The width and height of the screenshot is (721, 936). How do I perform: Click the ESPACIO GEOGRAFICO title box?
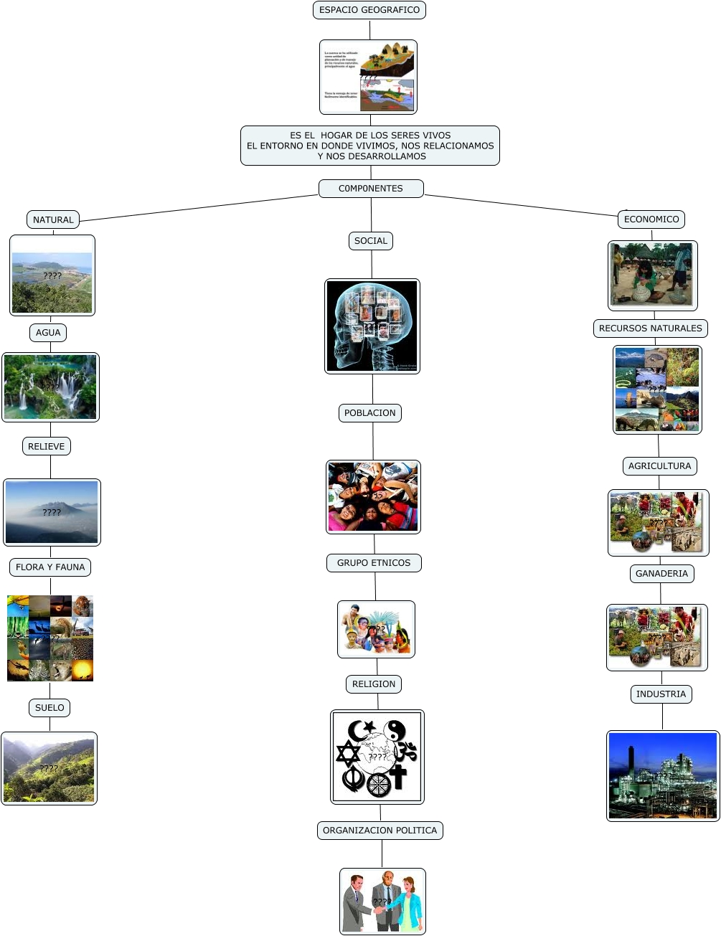(369, 10)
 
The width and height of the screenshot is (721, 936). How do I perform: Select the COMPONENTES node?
(371, 189)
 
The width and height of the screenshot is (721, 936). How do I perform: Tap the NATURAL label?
(53, 219)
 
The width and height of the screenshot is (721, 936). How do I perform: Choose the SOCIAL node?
(371, 241)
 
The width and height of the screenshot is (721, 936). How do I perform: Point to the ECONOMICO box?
(651, 219)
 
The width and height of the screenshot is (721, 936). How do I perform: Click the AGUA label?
(48, 333)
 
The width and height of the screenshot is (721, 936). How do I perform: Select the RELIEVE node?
(47, 446)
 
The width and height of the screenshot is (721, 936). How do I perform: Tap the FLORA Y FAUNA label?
(50, 567)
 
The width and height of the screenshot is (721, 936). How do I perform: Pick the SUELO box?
(50, 708)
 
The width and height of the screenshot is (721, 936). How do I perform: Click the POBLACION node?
(370, 413)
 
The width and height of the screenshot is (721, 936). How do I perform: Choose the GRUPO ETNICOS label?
(374, 563)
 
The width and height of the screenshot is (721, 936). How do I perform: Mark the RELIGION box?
(374, 684)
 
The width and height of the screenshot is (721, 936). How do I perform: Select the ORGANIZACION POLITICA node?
(380, 831)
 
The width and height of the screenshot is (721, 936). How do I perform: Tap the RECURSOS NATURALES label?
(651, 328)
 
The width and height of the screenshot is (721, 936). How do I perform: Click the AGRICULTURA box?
(660, 466)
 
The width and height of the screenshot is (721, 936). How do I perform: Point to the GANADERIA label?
(661, 574)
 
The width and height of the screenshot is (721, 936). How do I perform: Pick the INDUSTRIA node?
(661, 694)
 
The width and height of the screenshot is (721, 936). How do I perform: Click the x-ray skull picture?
(372, 326)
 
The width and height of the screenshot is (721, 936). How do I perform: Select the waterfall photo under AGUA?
(50, 387)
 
